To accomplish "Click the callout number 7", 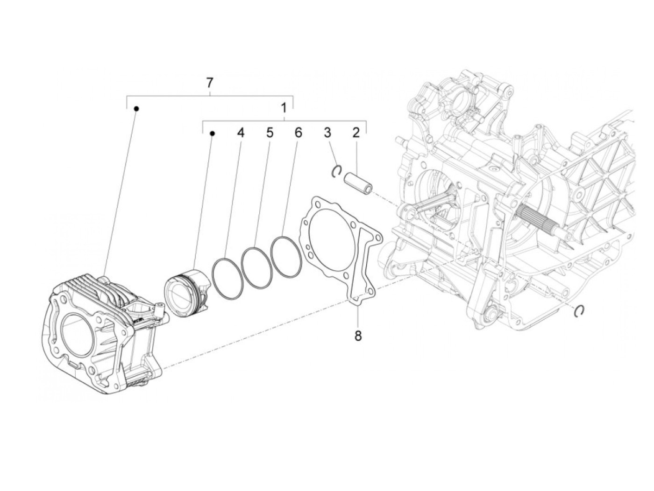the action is (x=210, y=83).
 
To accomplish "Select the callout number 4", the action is (x=240, y=133).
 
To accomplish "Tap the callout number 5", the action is (x=270, y=133).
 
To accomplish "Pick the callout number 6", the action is (x=298, y=133).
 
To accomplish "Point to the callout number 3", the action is (x=327, y=133).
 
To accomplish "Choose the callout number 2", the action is (x=356, y=133).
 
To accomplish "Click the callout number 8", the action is (x=358, y=336).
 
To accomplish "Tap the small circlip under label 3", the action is (x=336, y=172).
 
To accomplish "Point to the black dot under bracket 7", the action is (x=136, y=108).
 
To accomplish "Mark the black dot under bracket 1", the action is (x=212, y=133).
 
